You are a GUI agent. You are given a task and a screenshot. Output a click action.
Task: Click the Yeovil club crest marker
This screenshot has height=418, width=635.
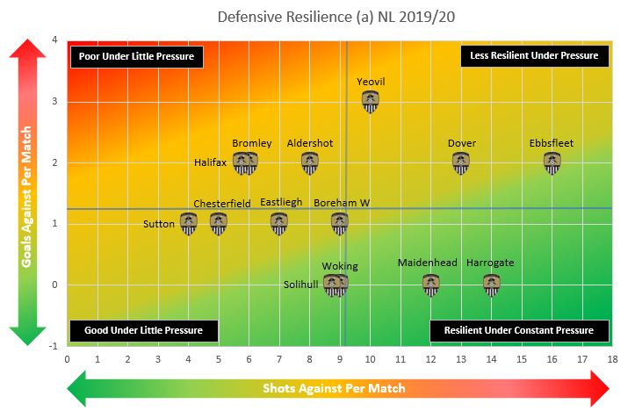pos(371,102)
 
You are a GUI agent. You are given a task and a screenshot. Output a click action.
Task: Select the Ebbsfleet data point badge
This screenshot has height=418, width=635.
pos(552,163)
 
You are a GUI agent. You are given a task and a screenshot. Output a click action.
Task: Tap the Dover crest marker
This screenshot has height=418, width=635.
pos(461,163)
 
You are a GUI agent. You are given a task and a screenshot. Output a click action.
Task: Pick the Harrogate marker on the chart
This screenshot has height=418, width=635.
pos(491,285)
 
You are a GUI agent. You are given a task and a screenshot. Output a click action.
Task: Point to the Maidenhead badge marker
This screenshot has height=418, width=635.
pos(430,285)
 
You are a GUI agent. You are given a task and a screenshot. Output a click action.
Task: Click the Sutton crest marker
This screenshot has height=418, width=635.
pos(189,224)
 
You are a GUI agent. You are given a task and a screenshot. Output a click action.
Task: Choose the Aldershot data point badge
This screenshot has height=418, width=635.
pos(310,163)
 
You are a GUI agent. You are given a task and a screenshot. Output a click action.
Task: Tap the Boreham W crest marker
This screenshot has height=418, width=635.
pos(340,224)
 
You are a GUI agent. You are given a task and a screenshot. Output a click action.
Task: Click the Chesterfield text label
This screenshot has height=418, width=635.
pos(222,204)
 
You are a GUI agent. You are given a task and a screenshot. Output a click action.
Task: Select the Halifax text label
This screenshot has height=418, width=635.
pos(211,162)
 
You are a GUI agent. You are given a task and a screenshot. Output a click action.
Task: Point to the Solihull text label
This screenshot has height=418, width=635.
pos(302,285)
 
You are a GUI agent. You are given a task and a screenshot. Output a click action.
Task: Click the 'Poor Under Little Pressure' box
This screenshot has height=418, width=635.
pos(137,56)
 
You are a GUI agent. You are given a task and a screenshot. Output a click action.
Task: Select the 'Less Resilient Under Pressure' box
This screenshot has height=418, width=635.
pos(534,55)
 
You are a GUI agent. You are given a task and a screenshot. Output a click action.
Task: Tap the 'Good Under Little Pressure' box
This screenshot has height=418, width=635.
pos(143,331)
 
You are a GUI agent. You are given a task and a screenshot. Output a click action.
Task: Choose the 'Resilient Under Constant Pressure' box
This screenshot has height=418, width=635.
pos(519,331)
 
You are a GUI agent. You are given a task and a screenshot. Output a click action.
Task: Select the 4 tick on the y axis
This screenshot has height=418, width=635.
pos(55,40)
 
